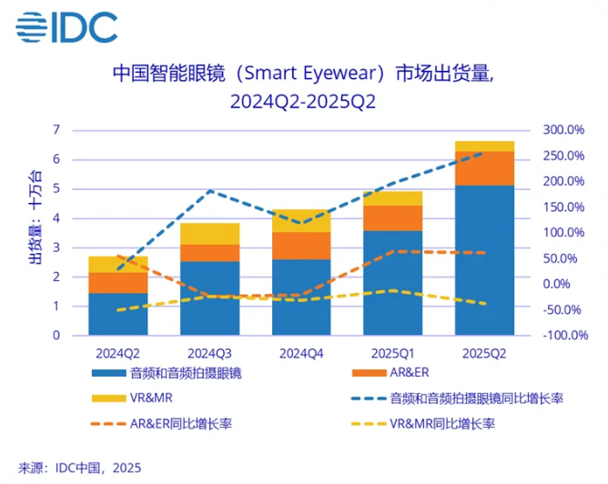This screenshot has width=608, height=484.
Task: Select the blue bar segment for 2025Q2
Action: tap(484, 259)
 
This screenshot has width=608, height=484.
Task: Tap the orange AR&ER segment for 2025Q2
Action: tap(484, 168)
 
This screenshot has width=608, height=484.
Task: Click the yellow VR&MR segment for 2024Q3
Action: tap(210, 233)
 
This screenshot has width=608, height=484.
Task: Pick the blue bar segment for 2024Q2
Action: tap(118, 314)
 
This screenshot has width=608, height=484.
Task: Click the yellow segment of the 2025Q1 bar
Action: tap(393, 198)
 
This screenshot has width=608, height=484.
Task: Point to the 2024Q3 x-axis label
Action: tap(210, 351)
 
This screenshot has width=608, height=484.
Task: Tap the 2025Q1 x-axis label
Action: tap(393, 351)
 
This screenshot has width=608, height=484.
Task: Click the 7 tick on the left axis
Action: tap(56, 130)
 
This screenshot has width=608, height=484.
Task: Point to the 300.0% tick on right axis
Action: tap(562, 130)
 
